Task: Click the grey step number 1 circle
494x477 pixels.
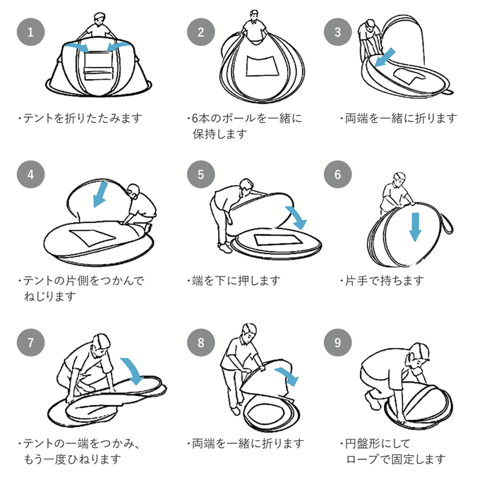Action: (x=30, y=31)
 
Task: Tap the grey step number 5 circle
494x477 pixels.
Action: (x=201, y=174)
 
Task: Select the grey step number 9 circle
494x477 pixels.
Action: (x=337, y=343)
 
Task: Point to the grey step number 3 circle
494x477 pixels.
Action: (x=337, y=31)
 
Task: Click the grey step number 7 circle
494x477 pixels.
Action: (x=30, y=343)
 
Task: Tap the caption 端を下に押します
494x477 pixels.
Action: (x=236, y=280)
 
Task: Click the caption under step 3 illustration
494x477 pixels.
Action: (x=399, y=118)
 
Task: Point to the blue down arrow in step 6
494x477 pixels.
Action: (x=416, y=225)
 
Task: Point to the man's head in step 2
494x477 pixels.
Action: (x=251, y=15)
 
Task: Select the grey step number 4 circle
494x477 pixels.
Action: (x=30, y=174)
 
